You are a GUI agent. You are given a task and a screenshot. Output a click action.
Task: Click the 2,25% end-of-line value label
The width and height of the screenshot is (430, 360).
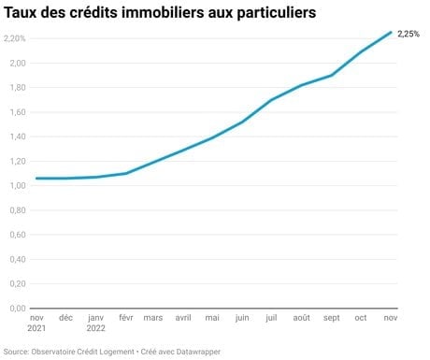pyautogui.click(x=408, y=34)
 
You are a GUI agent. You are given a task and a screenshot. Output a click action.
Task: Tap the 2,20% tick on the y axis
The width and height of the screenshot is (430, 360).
pyautogui.click(x=15, y=38)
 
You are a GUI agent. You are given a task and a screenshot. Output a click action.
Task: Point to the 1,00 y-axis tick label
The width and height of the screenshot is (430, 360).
pyautogui.click(x=18, y=185)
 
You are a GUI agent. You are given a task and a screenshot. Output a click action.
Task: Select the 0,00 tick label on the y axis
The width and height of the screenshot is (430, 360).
pyautogui.click(x=18, y=309)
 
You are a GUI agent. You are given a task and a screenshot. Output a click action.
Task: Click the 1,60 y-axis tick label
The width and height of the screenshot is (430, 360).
pyautogui.click(x=18, y=112)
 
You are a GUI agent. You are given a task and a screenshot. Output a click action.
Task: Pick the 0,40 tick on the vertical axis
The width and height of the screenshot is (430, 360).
pyautogui.click(x=18, y=259)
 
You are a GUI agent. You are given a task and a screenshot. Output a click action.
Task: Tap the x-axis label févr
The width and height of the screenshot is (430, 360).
pyautogui.click(x=126, y=318)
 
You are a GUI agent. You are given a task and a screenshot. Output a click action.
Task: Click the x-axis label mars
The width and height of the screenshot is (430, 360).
pyautogui.click(x=153, y=318)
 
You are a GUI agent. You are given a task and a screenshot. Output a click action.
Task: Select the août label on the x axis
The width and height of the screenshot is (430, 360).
pyautogui.click(x=301, y=318)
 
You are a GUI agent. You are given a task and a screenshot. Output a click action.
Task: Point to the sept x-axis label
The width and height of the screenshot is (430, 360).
pyautogui.click(x=331, y=318)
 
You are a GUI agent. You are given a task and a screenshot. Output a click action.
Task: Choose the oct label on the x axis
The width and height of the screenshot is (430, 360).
pyautogui.click(x=361, y=318)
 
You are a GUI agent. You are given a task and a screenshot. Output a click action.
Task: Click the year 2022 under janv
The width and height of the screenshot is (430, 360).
pyautogui.click(x=95, y=328)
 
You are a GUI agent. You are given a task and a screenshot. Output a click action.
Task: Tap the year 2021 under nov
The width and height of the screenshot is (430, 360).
pyautogui.click(x=36, y=328)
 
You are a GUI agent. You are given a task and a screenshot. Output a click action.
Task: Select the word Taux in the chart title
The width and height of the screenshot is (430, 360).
pyautogui.click(x=21, y=13)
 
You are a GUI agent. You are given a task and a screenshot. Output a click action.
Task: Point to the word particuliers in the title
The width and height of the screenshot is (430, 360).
pyautogui.click(x=277, y=13)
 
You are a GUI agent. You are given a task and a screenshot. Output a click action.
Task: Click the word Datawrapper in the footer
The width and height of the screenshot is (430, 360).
pyautogui.click(x=198, y=352)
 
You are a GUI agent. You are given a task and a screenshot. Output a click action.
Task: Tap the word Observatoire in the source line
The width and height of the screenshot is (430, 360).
pyautogui.click(x=52, y=352)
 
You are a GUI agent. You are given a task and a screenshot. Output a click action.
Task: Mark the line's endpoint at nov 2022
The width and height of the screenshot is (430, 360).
pyautogui.click(x=391, y=32)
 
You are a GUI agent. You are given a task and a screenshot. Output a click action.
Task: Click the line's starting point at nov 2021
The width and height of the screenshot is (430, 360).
pyautogui.click(x=36, y=179)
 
